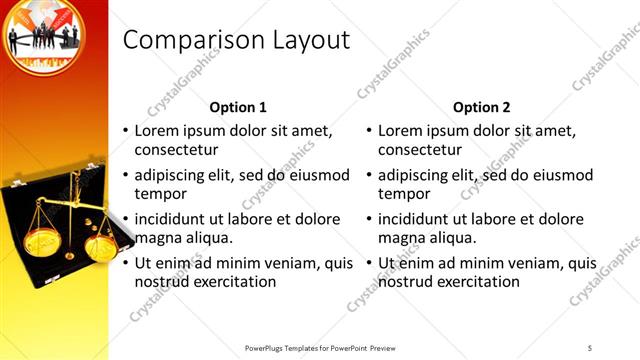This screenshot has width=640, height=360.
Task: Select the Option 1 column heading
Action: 238,107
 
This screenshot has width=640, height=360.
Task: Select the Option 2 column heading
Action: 481,107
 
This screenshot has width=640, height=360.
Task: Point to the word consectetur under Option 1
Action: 176,150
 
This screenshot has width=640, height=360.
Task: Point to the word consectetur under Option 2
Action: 420,150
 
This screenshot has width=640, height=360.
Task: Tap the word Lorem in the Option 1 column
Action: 157,131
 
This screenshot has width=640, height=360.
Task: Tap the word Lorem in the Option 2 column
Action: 401,131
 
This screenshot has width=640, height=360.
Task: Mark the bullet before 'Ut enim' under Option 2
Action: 369,264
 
